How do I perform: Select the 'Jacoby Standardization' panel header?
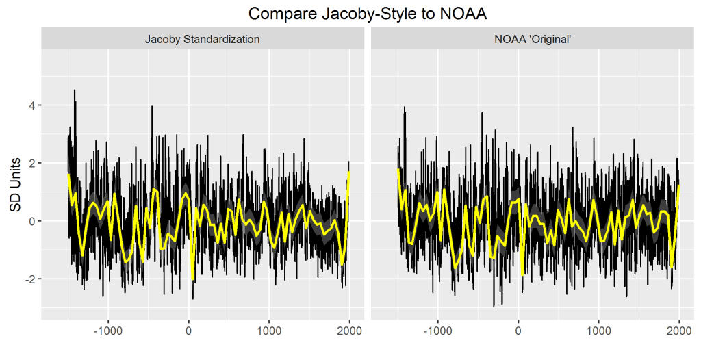pyautogui.click(x=202, y=40)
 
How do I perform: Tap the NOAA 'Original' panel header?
pyautogui.click(x=533, y=40)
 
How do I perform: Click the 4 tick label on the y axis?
pyautogui.click(x=32, y=105)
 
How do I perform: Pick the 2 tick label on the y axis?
pyautogui.click(x=32, y=163)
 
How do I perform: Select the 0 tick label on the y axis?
pyautogui.click(x=32, y=221)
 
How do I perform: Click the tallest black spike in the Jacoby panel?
pyautogui.click(x=75, y=91)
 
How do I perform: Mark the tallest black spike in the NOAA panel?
pyautogui.click(x=405, y=107)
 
